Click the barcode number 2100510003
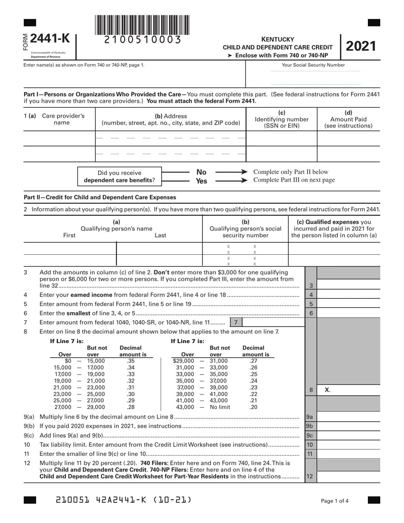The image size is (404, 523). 142,40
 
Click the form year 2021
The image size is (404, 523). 361,46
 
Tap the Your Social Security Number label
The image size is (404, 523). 313,65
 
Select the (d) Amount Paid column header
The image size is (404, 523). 348,119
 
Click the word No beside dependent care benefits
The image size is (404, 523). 201,172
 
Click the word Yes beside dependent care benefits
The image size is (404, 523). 201,181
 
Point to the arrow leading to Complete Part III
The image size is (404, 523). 231,180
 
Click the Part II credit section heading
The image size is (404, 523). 100,197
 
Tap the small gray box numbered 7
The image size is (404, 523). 236,322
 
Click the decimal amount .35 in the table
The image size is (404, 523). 131,361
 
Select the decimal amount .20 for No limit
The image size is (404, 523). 253,407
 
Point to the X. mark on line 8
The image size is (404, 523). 327,390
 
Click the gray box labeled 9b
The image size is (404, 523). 310,426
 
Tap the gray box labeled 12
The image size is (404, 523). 310,476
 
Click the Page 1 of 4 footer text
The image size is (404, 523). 335,501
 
